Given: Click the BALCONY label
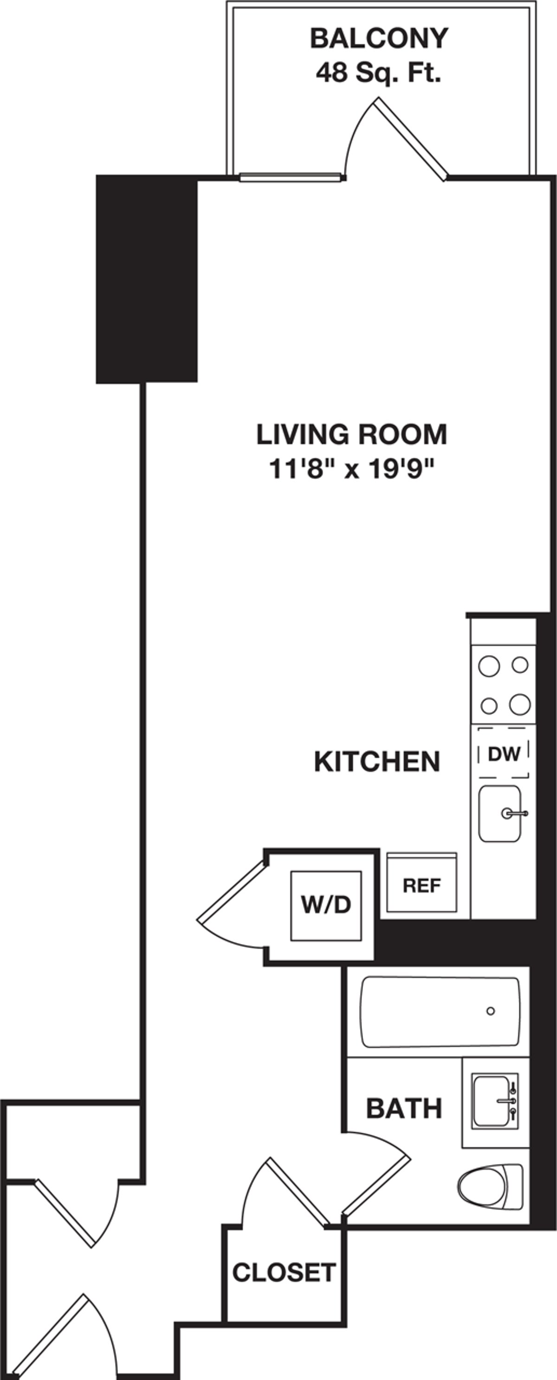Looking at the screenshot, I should coord(379,39).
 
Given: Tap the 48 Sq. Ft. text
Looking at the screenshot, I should coord(378,73).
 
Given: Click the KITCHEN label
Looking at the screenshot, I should coord(377,762).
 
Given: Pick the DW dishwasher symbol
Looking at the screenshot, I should coord(504,754).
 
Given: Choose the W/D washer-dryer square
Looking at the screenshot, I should coord(326,905).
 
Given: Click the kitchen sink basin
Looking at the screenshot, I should coord(499,814).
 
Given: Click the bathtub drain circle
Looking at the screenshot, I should coord(491,1011).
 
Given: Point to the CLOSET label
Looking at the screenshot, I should coord(284,1272).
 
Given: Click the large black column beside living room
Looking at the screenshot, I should coord(146,279).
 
